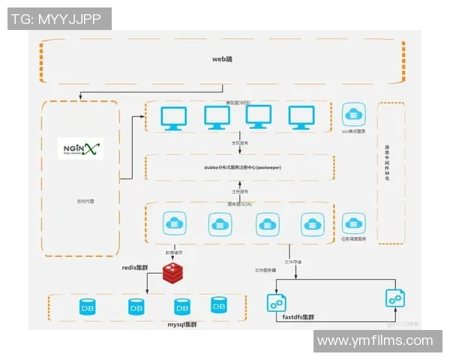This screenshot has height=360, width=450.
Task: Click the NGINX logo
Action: click(81, 148)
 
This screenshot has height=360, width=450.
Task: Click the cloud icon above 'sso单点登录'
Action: click(353, 115)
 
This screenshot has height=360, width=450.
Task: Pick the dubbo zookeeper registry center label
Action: click(239, 168)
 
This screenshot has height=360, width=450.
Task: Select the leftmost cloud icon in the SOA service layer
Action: click(174, 223)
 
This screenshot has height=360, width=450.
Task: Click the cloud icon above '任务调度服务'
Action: click(353, 223)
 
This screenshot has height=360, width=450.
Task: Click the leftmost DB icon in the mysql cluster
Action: click(88, 307)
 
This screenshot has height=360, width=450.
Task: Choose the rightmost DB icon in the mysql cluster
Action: click(219, 304)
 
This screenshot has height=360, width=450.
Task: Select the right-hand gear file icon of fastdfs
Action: click(394, 298)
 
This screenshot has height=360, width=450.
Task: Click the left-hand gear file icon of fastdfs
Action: click(276, 303)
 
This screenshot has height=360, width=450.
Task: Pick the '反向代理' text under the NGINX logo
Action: click(80, 202)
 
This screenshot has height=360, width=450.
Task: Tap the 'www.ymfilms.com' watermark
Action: click(375, 341)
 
